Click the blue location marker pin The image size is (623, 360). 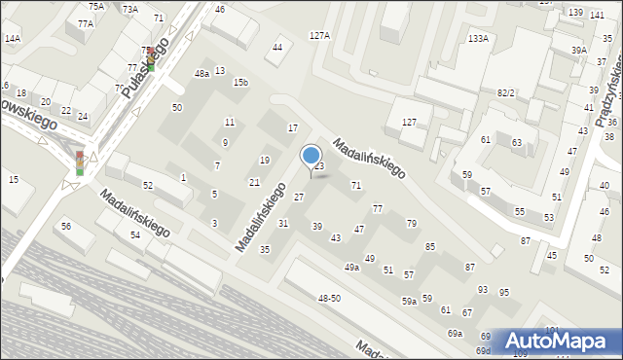coord(311,157)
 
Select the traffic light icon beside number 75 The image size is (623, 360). coord(150,60)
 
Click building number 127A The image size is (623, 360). coord(319,35)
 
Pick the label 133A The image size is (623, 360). coord(478,39)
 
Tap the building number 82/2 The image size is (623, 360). coord(505,92)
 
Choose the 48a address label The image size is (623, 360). coord(202,73)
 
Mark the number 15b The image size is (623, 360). coord(240,83)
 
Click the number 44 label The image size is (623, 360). coord(278,47)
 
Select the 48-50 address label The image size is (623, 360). coord(329,298)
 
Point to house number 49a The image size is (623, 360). coord(351,267)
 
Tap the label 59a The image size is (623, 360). coord(410,302)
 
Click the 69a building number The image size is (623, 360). coord(455,334)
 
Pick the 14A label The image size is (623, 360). coord(12,39)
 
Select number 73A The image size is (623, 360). coord(130,9)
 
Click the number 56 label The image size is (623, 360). coord(66,226)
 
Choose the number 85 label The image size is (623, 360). coord(429,246)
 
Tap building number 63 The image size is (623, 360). coord(517,143)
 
